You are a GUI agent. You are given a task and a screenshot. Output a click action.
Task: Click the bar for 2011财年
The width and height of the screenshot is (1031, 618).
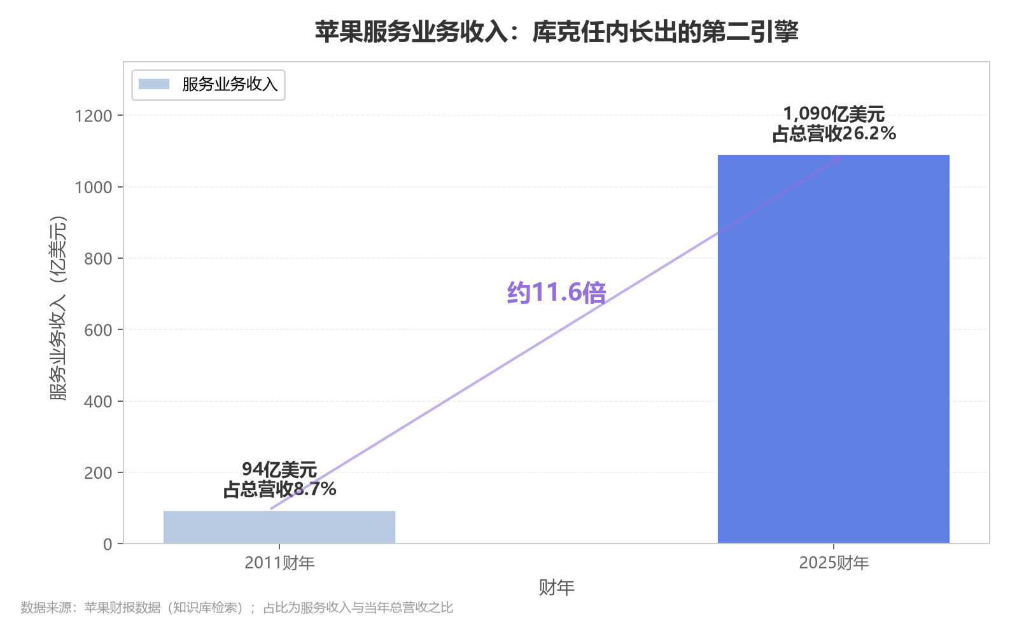pyautogui.click(x=279, y=527)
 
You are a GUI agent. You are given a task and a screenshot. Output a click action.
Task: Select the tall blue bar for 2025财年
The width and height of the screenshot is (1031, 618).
pyautogui.click(x=834, y=349)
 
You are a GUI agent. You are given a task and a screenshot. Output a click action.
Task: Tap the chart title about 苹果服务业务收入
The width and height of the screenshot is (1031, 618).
pyautogui.click(x=556, y=32)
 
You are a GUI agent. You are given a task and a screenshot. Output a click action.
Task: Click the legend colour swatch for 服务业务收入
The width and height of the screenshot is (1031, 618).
pyautogui.click(x=154, y=84)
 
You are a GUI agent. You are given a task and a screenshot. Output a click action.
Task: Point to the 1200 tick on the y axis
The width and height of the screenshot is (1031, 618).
pyautogui.click(x=94, y=116)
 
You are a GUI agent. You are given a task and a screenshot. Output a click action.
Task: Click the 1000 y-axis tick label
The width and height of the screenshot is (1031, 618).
pyautogui.click(x=94, y=187)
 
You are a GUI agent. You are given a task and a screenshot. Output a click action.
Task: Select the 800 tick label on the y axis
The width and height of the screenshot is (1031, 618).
pyautogui.click(x=98, y=258)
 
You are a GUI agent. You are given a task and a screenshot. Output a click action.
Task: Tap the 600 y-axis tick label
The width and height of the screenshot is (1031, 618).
pyautogui.click(x=98, y=330)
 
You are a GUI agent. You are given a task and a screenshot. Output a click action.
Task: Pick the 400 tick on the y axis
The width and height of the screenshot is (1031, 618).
pyautogui.click(x=98, y=401)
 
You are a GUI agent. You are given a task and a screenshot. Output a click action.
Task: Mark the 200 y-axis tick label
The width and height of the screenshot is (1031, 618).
pyautogui.click(x=98, y=472)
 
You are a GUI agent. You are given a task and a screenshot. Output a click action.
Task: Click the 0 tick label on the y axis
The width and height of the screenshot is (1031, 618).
pyautogui.click(x=108, y=544)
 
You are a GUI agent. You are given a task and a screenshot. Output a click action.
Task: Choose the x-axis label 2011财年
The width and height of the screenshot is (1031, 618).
pyautogui.click(x=279, y=563)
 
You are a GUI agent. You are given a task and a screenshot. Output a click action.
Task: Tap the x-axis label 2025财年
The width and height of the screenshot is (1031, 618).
pyautogui.click(x=834, y=563)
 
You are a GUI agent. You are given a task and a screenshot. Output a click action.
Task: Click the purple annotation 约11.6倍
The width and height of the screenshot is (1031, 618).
pyautogui.click(x=556, y=292)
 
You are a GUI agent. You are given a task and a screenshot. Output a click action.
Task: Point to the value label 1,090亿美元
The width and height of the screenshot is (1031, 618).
pyautogui.click(x=834, y=114)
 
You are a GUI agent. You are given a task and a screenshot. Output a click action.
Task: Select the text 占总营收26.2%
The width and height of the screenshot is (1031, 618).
pyautogui.click(x=834, y=134)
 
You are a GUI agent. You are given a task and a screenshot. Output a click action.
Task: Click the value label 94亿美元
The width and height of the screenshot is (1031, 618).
pyautogui.click(x=279, y=469)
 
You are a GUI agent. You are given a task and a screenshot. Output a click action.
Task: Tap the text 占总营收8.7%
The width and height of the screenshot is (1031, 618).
pyautogui.click(x=279, y=490)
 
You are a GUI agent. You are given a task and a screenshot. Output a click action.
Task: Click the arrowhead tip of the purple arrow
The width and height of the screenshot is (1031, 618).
pyautogui.click(x=842, y=157)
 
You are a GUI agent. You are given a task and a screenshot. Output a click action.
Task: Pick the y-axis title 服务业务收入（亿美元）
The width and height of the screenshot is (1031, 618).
pyautogui.click(x=59, y=308)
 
